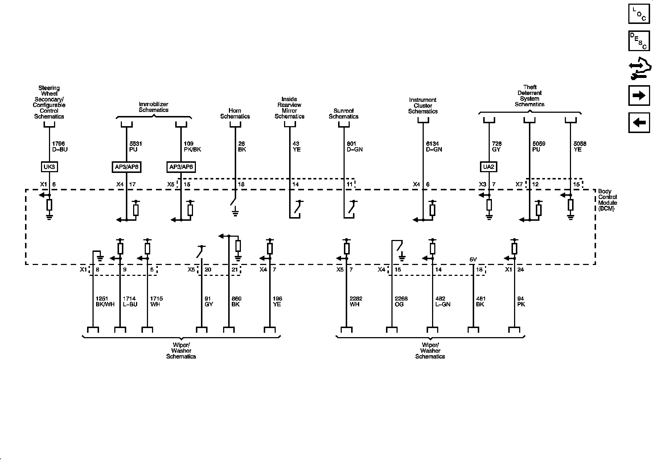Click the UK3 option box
pos(49,167)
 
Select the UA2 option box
pos(489,167)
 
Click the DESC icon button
pos(639,41)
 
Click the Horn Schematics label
pos(235,113)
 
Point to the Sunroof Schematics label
pos(344,113)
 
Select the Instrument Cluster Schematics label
pos(423,105)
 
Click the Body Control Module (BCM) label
pos(607,200)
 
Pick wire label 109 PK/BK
pos(192,146)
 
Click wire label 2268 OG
pos(401,302)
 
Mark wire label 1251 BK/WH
pos(104,302)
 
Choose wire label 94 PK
pos(521,302)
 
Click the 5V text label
pos(473,259)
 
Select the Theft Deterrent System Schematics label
pos(530,96)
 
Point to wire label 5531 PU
pos(136,146)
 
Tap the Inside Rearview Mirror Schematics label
pos(289,108)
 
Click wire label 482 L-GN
pos(443,302)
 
